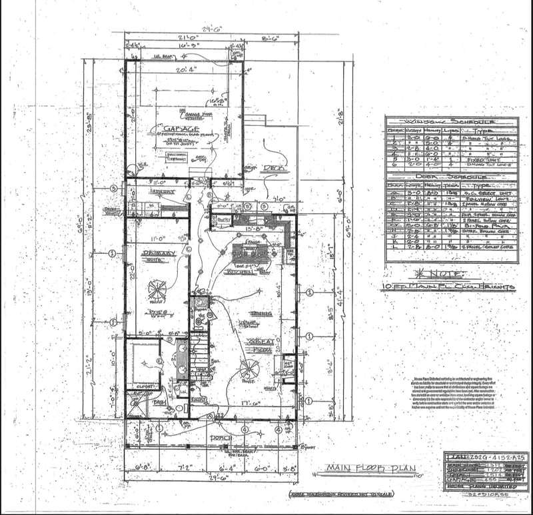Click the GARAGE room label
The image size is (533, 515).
(x=181, y=129)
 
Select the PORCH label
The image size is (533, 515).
(x=220, y=437)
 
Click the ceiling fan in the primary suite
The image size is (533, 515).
(x=157, y=288)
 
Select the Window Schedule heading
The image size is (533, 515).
(x=450, y=123)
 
